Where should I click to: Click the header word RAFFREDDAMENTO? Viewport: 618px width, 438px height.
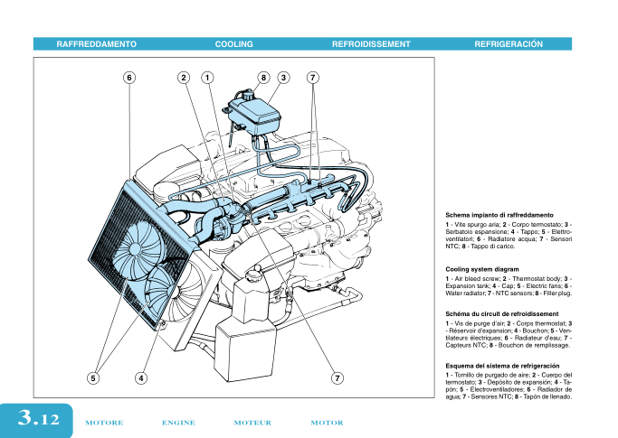tap(96, 43)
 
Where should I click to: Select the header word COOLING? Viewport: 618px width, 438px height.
tap(233, 43)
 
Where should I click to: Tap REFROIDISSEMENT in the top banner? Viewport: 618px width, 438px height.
tap(371, 43)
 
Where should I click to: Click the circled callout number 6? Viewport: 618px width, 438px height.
tap(129, 78)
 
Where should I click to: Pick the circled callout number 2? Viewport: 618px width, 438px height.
tap(184, 78)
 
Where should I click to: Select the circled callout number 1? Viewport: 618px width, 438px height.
tap(207, 78)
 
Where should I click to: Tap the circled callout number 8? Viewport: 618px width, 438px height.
tap(263, 78)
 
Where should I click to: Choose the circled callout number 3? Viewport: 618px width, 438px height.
tap(283, 78)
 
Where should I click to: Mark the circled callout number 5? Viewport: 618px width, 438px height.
tap(93, 377)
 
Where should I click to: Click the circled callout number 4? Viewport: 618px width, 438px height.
tap(141, 377)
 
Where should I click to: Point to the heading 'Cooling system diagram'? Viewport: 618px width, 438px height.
tap(482, 269)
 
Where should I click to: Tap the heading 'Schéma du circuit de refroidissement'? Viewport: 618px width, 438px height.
tap(501, 313)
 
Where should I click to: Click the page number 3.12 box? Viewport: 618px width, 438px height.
tap(37, 419)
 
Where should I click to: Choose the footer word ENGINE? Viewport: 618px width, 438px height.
tap(178, 423)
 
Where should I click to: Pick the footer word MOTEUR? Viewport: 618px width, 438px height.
tap(252, 423)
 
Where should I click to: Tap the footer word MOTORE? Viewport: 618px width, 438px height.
tap(103, 423)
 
